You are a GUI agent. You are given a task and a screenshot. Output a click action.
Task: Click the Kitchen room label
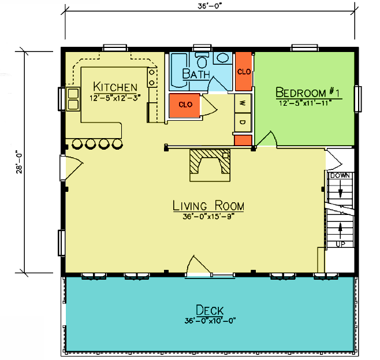[115, 87]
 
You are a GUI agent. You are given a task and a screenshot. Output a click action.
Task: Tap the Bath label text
[196, 74]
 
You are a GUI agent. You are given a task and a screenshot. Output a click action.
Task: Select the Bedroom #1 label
[308, 92]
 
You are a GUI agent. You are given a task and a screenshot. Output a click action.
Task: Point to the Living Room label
[208, 206]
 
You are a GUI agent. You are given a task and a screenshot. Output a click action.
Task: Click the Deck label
[210, 310]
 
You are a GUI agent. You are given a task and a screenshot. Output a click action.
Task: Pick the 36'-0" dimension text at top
[210, 6]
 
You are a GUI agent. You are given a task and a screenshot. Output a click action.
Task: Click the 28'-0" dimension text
[19, 163]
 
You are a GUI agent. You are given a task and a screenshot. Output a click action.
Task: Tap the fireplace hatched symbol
[210, 162]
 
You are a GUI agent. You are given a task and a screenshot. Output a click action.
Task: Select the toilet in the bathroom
[202, 60]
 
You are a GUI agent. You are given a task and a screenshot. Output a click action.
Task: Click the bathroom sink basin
[223, 58]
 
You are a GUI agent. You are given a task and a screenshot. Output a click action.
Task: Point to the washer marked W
[243, 103]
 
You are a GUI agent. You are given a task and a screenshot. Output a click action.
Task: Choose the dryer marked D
[243, 123]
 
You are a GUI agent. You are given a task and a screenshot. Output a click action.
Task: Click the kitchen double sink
[73, 99]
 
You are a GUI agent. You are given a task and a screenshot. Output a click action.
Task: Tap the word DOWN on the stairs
[340, 176]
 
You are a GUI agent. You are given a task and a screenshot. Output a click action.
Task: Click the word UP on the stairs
[340, 244]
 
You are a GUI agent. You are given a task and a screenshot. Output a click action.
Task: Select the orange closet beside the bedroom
[244, 72]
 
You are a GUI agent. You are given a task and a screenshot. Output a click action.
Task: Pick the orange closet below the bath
[185, 106]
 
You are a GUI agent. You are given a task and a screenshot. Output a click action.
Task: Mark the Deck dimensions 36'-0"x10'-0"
[210, 321]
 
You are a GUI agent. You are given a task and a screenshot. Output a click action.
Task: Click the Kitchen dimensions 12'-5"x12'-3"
[115, 98]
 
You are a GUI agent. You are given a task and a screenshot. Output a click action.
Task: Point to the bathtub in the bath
[180, 70]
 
